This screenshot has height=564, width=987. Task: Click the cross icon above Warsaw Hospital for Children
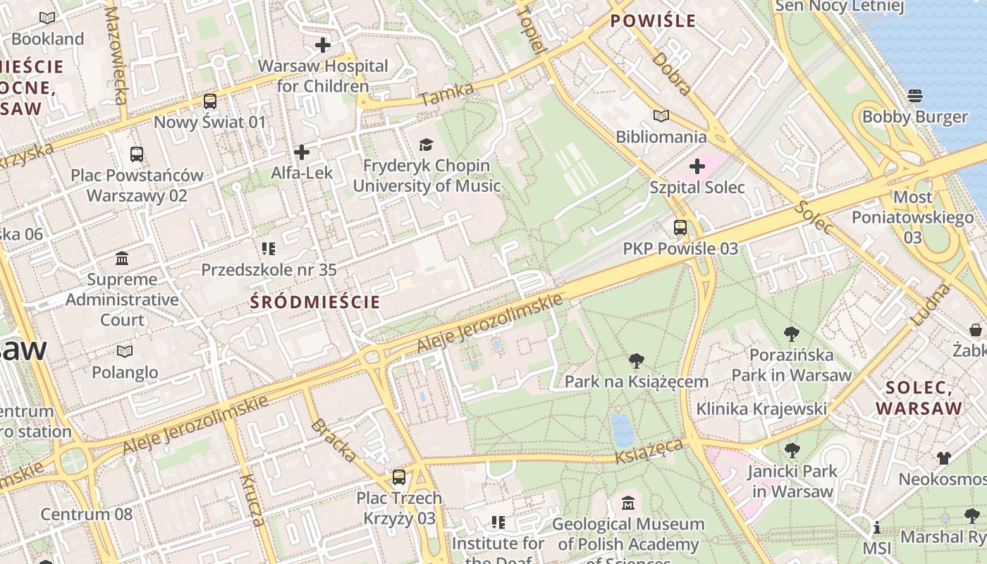pyautogui.click(x=323, y=46)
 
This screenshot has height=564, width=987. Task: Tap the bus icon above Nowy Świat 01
pyautogui.click(x=209, y=102)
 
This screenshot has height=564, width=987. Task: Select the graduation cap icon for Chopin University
pyautogui.click(x=426, y=145)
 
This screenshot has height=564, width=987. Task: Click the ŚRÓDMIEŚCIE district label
pyautogui.click(x=315, y=302)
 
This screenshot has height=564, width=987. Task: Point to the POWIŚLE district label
pyautogui.click(x=653, y=21)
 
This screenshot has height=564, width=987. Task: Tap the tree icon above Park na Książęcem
pyautogui.click(x=636, y=362)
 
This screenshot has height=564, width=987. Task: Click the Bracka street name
pyautogui.click(x=333, y=440)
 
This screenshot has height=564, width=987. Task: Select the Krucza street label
pyautogui.click(x=252, y=500)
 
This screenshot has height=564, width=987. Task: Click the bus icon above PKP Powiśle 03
pyautogui.click(x=680, y=228)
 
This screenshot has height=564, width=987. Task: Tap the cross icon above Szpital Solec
pyautogui.click(x=697, y=167)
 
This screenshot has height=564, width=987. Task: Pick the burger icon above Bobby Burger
pyautogui.click(x=915, y=95)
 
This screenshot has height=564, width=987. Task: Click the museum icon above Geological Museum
pyautogui.click(x=628, y=503)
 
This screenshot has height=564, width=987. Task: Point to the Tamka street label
pyautogui.click(x=438, y=95)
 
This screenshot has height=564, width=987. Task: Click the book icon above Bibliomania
pyautogui.click(x=661, y=116)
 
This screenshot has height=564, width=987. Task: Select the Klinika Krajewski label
pyautogui.click(x=761, y=409)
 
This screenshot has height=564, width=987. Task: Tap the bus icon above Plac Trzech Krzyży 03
pyautogui.click(x=399, y=477)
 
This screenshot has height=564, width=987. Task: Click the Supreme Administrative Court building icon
pyautogui.click(x=122, y=259)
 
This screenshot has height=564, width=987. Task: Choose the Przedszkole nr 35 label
pyautogui.click(x=269, y=270)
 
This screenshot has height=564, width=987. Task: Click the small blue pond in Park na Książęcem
pyautogui.click(x=622, y=429)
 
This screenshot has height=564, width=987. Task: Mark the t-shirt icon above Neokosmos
pyautogui.click(x=944, y=458)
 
